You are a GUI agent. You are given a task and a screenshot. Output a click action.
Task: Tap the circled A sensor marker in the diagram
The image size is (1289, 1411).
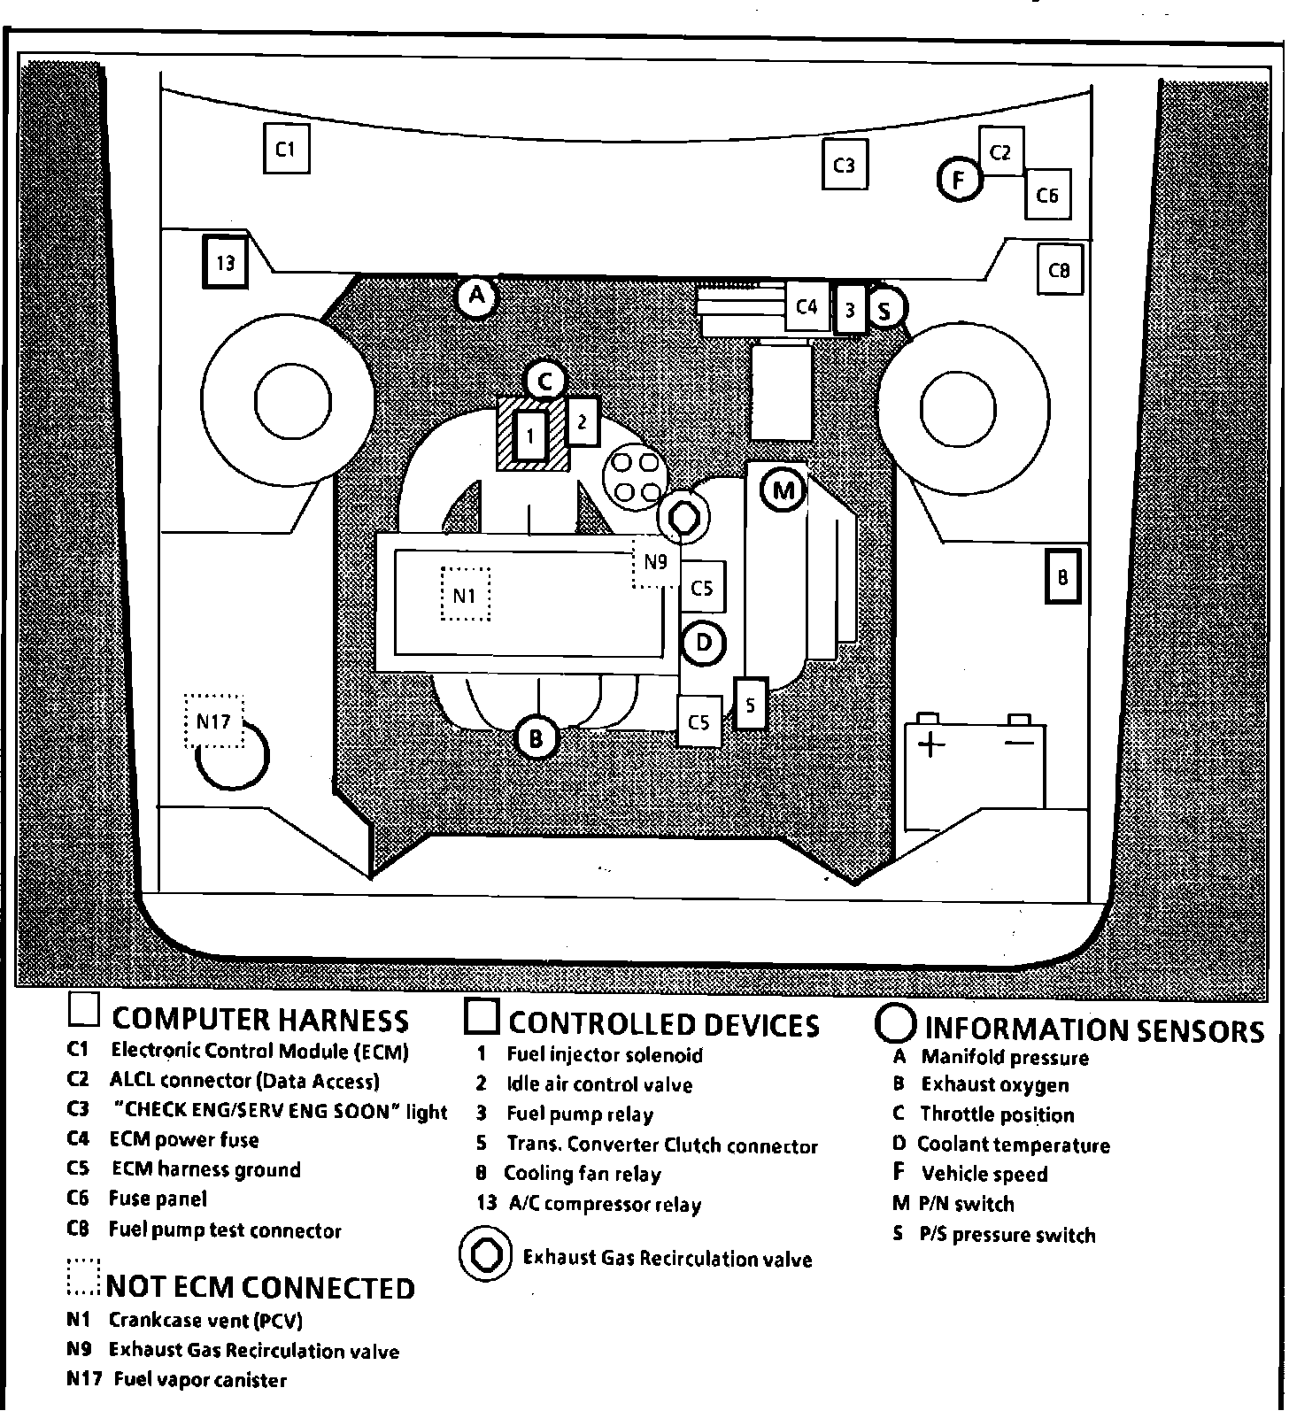tap(477, 295)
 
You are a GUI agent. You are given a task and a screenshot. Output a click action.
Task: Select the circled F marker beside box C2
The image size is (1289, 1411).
tap(958, 180)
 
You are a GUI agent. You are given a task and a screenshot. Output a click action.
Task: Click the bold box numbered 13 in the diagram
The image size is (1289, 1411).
tap(225, 262)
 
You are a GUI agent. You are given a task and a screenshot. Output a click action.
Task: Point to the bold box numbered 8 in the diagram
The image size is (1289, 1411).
tap(1062, 577)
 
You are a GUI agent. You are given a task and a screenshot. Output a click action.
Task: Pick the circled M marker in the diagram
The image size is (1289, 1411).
tap(783, 490)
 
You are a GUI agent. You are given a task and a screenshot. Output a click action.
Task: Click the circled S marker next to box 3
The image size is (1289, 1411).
tap(884, 310)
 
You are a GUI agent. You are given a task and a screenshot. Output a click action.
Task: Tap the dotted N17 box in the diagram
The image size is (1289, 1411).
tap(213, 721)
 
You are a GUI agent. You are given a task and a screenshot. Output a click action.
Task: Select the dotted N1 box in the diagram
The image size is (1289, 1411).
tap(465, 595)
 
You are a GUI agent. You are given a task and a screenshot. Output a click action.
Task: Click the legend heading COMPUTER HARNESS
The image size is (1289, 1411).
tap(259, 1020)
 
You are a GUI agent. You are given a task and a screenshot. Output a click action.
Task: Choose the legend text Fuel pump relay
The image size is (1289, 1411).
tap(579, 1114)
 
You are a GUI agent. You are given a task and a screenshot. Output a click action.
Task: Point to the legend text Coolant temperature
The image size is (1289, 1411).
tap(1013, 1145)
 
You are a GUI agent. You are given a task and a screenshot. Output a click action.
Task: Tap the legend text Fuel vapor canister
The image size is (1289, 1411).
tap(200, 1380)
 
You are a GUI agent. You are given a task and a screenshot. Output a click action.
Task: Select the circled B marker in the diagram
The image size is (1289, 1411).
tap(536, 737)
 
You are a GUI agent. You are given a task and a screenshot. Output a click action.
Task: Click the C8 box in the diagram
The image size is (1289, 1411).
tap(1059, 270)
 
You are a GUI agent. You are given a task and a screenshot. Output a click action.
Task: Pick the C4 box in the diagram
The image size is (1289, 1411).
tap(807, 307)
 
